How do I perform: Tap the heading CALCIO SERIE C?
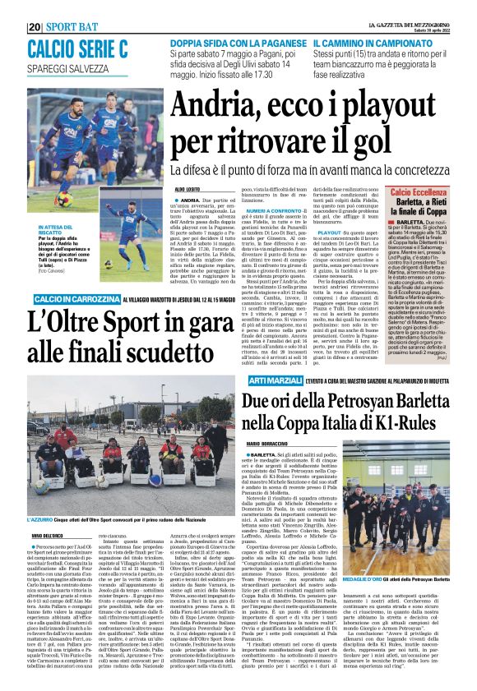point(76,48)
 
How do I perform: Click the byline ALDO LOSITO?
point(188,190)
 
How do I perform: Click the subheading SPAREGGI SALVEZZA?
point(67,70)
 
